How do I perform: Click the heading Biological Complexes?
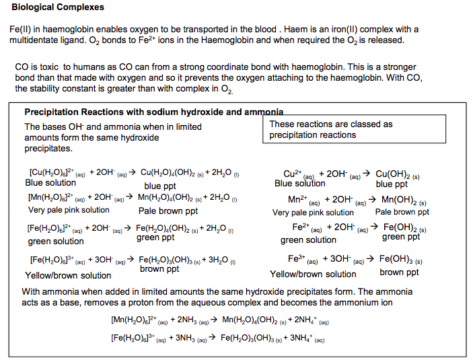(57, 7)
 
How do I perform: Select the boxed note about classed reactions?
(331, 129)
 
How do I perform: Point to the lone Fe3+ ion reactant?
(297, 258)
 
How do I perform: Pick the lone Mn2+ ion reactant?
(298, 200)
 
